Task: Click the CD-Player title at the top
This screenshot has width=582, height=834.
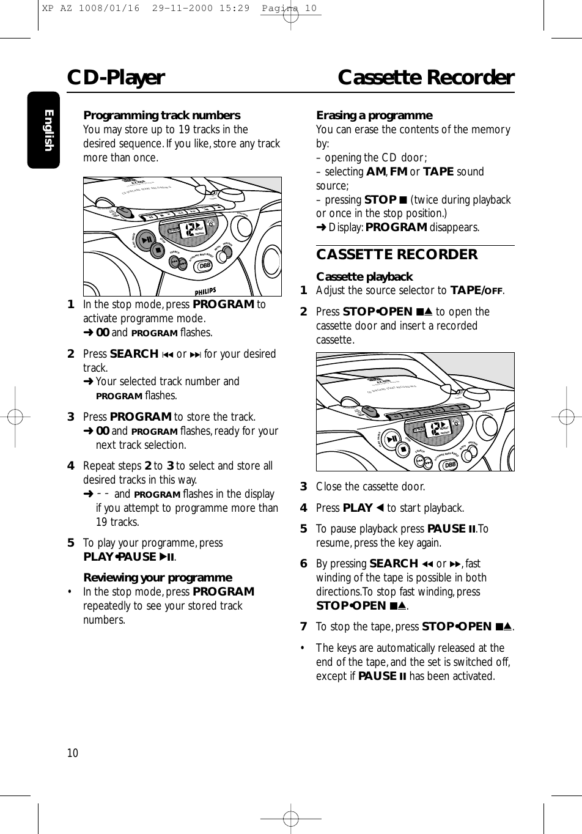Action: pos(116,78)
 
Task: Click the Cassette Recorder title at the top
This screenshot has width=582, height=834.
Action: pos(426,78)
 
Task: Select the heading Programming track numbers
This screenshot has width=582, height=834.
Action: pos(161,116)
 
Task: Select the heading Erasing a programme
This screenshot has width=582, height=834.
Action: pos(374,116)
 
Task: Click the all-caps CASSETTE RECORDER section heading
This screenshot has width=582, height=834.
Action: pos(396,254)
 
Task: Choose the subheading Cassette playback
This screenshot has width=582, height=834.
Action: pos(364,276)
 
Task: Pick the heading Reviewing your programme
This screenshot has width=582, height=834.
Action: pos(157,577)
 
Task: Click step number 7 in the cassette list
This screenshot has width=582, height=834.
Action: pos(303,627)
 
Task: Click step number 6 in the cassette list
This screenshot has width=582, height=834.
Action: pos(303,564)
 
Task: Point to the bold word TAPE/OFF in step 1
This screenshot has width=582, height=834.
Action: pos(476,290)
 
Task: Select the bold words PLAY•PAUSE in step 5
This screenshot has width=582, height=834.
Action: pos(119,556)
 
